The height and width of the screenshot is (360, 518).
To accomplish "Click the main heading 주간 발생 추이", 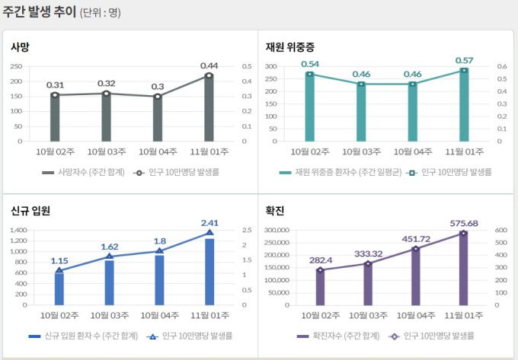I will click(x=39, y=12).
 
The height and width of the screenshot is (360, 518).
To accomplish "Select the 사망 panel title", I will click(x=21, y=47).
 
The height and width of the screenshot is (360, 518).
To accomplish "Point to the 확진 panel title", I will click(x=275, y=211).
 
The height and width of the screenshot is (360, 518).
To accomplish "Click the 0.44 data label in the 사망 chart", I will click(x=209, y=65).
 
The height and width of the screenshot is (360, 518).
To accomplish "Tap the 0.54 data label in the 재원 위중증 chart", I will click(x=310, y=64).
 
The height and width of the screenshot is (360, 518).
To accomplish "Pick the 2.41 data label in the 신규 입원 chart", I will click(x=209, y=223).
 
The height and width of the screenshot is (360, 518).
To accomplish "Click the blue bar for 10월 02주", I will click(x=59, y=288).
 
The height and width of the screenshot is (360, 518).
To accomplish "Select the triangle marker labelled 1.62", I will click(x=109, y=256).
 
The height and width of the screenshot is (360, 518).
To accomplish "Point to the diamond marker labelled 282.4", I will click(x=320, y=269).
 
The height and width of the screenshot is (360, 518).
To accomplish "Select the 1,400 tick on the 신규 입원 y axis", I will click(x=17, y=230).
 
